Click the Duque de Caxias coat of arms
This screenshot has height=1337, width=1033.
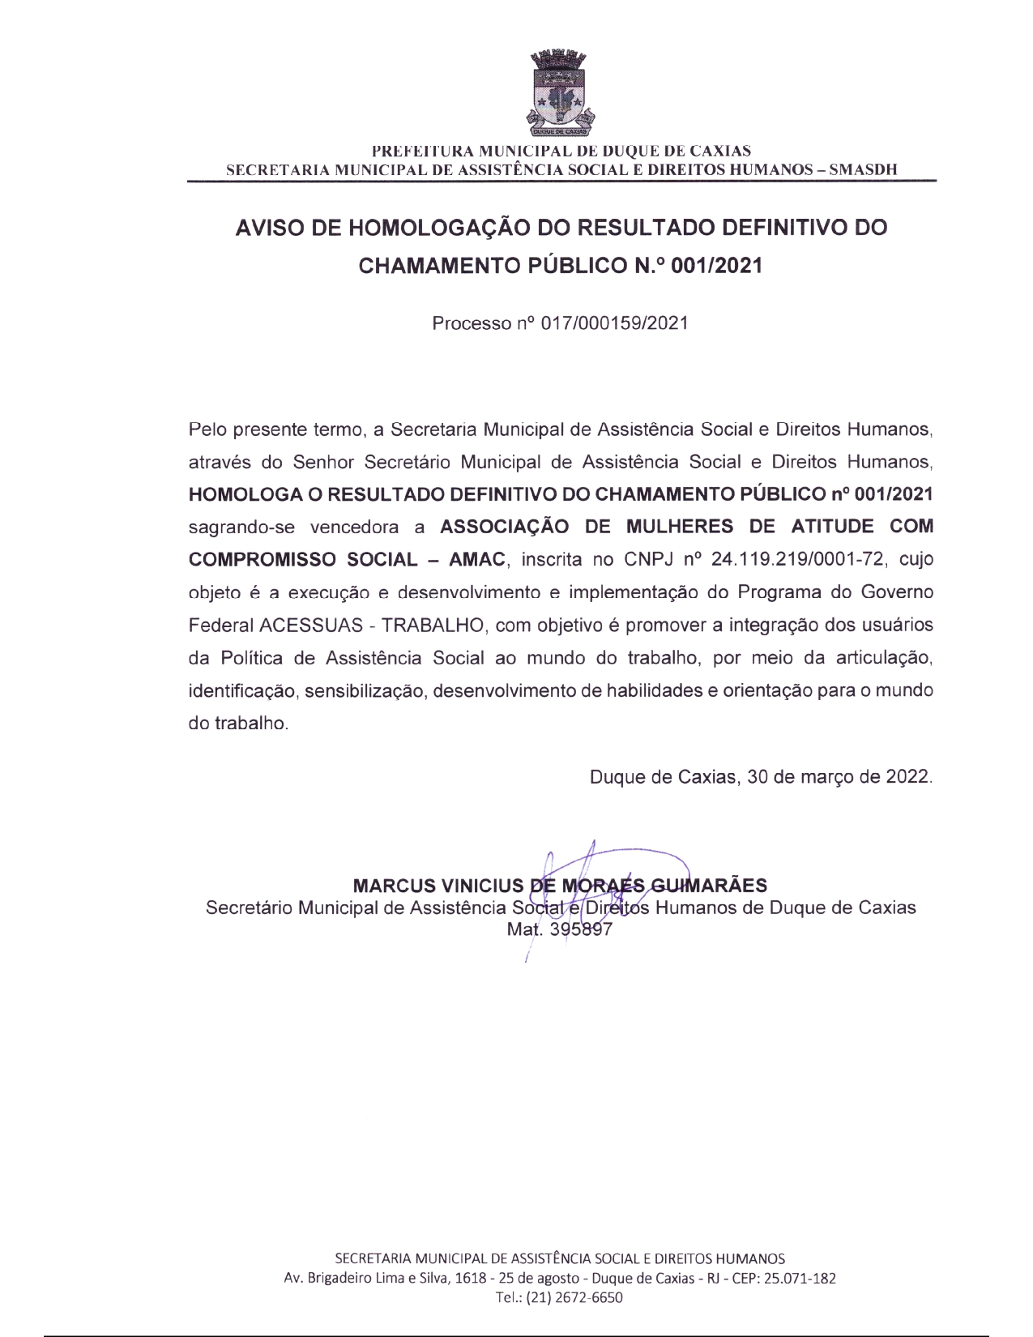(561, 92)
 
